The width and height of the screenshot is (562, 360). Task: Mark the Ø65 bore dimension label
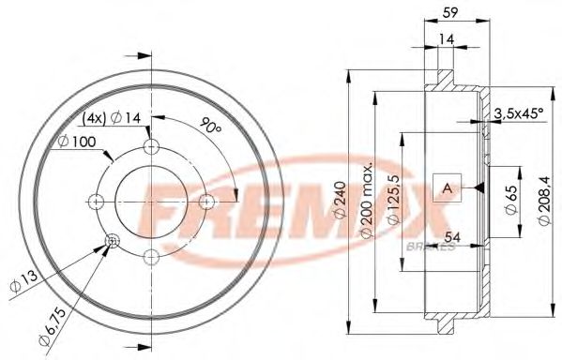pos(509,199)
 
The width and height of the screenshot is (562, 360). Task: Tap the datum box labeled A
pos(447,189)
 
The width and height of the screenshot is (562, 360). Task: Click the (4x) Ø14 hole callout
pos(112,118)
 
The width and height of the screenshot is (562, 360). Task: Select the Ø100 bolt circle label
pos(76,142)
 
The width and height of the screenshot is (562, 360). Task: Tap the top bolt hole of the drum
pos(151,146)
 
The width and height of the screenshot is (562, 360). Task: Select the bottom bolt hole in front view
pos(151,255)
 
